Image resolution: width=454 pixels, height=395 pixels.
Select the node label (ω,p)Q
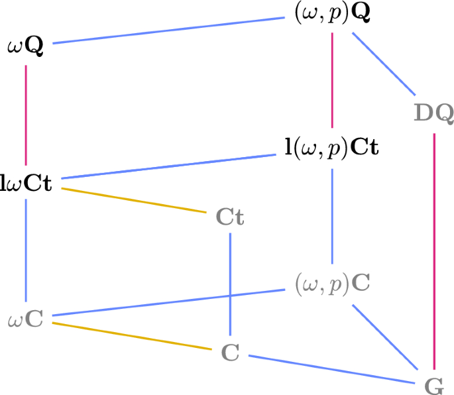332,14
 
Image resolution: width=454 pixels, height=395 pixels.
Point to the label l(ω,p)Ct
331,146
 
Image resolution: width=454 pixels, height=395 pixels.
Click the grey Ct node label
230,217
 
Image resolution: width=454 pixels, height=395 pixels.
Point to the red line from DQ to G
434,252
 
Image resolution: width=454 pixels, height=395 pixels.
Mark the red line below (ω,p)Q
332,80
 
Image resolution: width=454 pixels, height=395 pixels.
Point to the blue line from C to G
331,368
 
